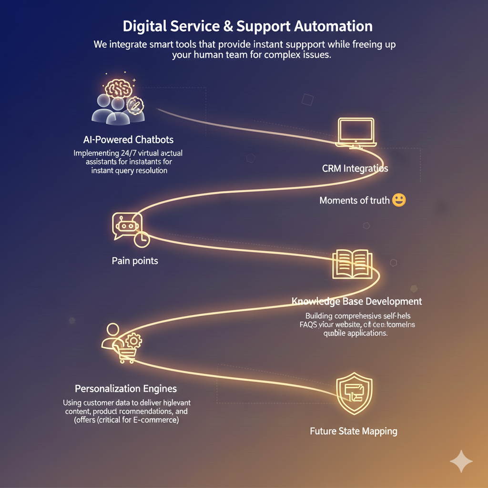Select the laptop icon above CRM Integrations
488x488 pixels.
356,132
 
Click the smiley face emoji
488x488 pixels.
398,200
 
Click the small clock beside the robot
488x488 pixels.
142,240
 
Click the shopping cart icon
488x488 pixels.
126,353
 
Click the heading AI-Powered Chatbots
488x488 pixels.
128,140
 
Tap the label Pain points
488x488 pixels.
135,261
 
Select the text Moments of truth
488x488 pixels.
354,200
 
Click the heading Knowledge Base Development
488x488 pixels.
356,301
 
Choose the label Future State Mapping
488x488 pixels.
353,431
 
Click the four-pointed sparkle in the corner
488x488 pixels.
461,461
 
